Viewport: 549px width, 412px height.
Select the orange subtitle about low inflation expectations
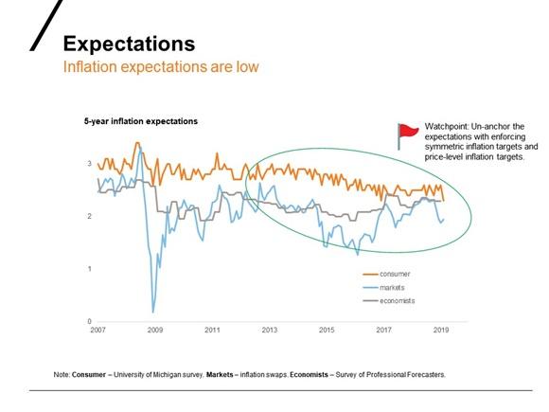click(160, 68)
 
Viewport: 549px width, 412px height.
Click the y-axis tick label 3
click(89, 164)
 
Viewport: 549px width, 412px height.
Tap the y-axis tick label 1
click(89, 269)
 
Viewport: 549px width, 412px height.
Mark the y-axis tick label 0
click(89, 322)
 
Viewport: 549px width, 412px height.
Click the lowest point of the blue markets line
click(153, 312)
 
